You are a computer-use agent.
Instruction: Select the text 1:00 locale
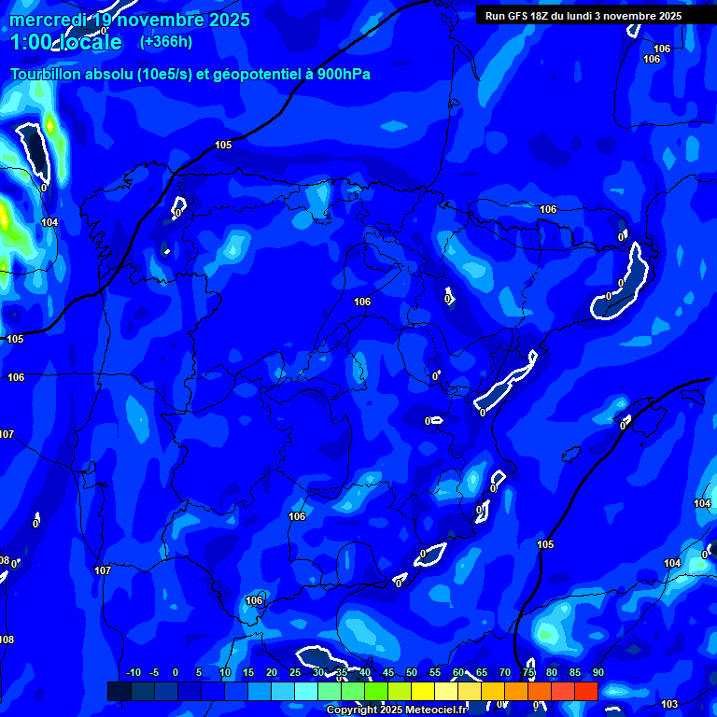pos(66,43)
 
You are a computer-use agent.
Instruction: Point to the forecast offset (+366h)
pos(165,42)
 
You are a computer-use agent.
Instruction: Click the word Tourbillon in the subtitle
pos(46,74)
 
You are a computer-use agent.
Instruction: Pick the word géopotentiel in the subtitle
pos(258,74)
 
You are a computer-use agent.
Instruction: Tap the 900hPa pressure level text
pos(344,74)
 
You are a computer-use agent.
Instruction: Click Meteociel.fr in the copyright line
pos(437,710)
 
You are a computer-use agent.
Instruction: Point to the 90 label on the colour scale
pos(597,673)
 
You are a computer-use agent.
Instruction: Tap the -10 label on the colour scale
pos(133,673)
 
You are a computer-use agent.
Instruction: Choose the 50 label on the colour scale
pos(411,673)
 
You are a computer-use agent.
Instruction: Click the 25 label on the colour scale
pos(294,673)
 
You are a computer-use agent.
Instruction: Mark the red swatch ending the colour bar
pos(585,691)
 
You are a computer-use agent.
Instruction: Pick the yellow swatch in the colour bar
pos(422,691)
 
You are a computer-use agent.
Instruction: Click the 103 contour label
pos(668,704)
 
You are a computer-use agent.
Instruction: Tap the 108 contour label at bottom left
pos(7,640)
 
